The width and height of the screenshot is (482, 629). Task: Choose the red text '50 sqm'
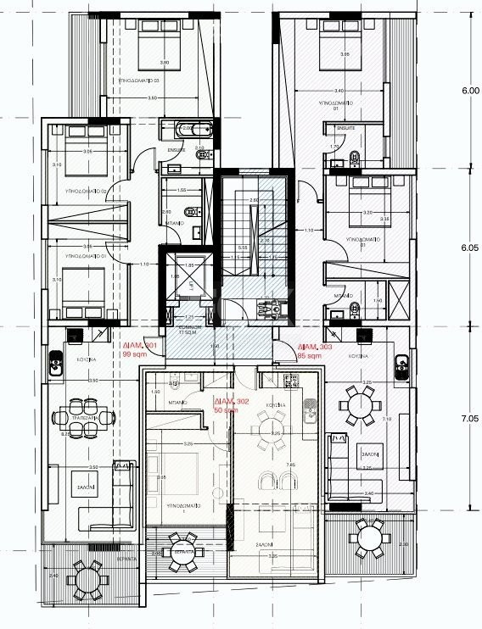(227, 409)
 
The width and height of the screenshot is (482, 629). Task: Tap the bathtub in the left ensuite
(188, 131)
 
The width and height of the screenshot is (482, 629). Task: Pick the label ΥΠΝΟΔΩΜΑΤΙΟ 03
(132, 81)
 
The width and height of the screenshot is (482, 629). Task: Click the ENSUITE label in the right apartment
(345, 128)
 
